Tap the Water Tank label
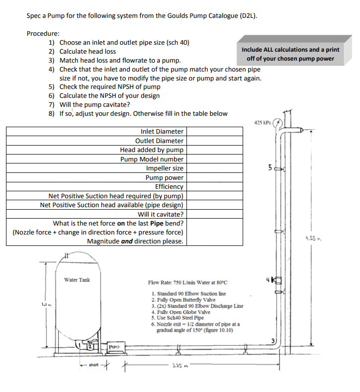pos(77,280)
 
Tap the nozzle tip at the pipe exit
pos(301,132)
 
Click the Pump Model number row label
pos(152,159)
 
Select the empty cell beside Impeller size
pos(214,168)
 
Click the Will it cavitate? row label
pos(160,214)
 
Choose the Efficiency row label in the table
pos(169,187)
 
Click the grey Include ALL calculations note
pos(290,54)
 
